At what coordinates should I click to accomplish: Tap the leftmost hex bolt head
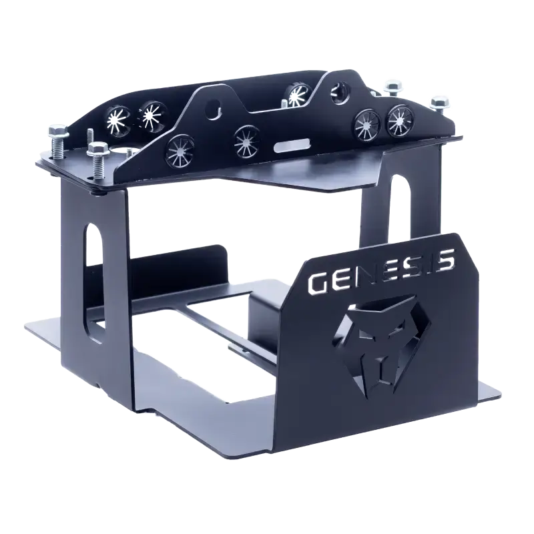pos(58,131)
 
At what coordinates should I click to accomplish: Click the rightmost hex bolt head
pos(439,101)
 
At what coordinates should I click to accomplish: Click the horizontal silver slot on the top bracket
pos(290,146)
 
